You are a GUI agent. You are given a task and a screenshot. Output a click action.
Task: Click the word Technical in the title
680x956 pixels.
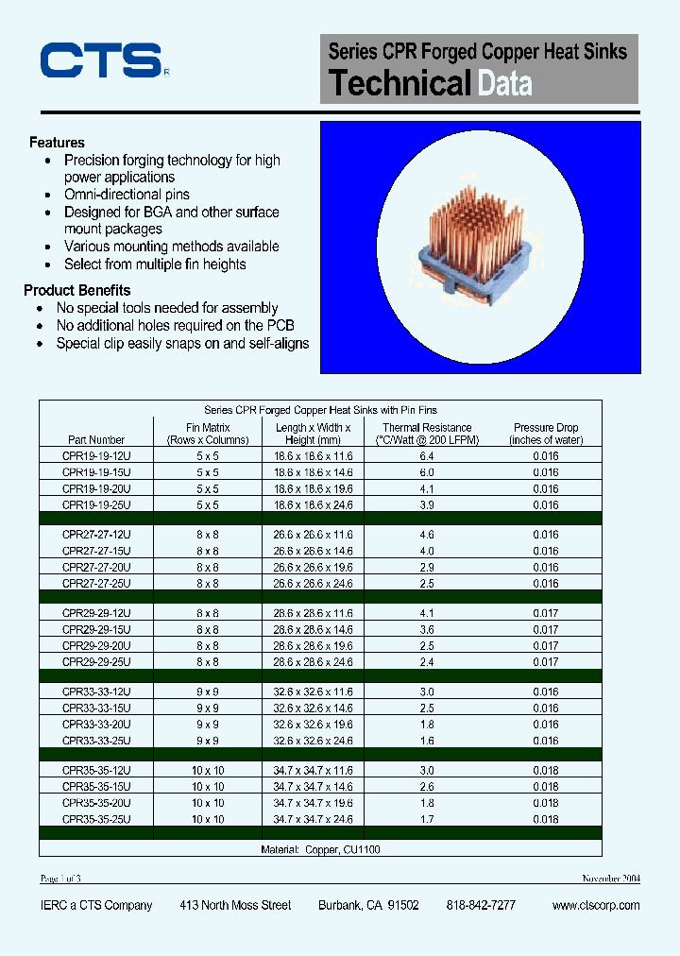[x=399, y=83]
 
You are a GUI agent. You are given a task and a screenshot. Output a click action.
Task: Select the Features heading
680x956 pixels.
[x=57, y=143]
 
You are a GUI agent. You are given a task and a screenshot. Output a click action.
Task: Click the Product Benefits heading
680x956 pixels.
[x=76, y=290]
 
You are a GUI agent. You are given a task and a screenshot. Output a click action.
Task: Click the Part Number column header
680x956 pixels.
[x=96, y=439]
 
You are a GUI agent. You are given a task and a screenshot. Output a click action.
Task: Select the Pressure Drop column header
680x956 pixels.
[x=546, y=434]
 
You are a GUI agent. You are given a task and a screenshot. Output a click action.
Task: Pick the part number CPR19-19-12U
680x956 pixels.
[x=96, y=456]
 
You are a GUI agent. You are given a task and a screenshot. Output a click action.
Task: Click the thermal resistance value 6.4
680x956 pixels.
[x=427, y=456]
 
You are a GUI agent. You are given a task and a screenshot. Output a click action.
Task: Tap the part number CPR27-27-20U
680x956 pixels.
[x=96, y=568]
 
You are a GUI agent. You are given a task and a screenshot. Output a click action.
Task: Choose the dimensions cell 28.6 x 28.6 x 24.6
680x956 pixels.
[x=314, y=662]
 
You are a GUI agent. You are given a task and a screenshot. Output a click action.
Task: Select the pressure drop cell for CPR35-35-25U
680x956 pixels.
[x=546, y=819]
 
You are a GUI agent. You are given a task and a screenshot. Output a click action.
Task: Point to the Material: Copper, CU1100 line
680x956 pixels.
[x=320, y=849]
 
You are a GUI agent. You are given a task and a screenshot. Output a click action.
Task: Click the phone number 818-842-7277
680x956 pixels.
[x=481, y=905]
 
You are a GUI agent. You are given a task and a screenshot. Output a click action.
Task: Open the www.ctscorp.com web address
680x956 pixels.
[x=595, y=905]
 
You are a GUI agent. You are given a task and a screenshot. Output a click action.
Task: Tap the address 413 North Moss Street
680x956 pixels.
[x=235, y=905]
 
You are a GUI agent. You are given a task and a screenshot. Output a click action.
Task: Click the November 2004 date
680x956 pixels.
[x=610, y=879]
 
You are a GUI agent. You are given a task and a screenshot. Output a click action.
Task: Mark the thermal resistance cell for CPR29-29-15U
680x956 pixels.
[x=427, y=629]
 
